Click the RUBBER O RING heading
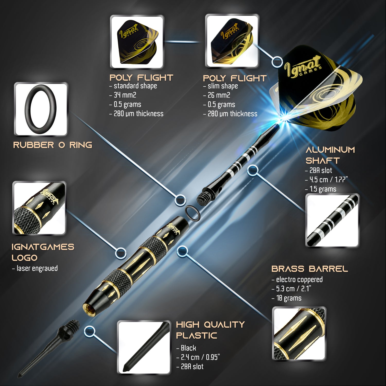(52, 145)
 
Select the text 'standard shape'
(135, 86)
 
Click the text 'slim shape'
(223, 86)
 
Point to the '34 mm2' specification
(125, 95)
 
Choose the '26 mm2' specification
(219, 95)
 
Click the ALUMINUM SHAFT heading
(330, 155)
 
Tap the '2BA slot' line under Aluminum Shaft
(321, 170)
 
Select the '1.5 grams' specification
(323, 189)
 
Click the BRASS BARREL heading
(310, 269)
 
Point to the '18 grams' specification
(289, 298)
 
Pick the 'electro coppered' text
(299, 279)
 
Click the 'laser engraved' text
(37, 268)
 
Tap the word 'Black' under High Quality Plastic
(188, 348)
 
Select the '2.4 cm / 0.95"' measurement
(200, 357)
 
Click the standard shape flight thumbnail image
(137, 41)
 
